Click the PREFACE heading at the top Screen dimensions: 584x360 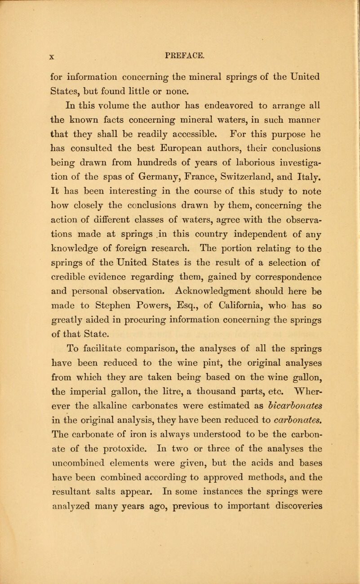(180, 44)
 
